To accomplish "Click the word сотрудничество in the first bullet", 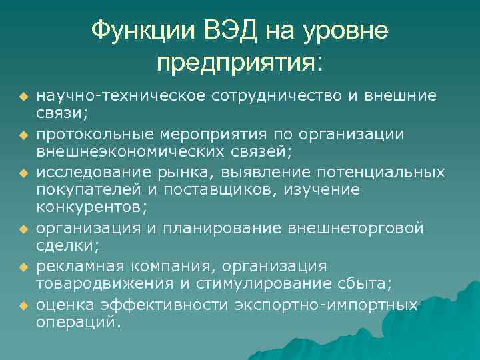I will pos(277,96).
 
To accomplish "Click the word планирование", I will pos(223,229).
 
